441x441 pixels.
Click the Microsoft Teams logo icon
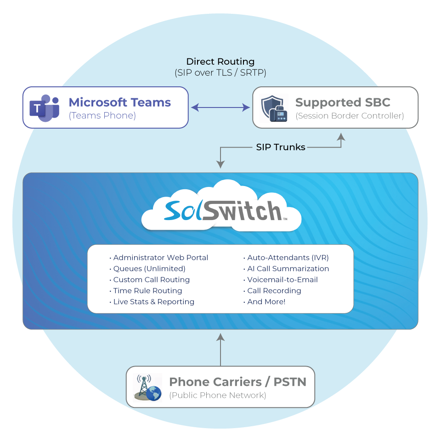[x=45, y=108]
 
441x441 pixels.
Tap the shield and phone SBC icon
[x=274, y=108]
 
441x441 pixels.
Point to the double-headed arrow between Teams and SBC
[x=220, y=107]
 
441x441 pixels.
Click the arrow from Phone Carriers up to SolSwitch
[x=220, y=350]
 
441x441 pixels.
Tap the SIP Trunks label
[x=281, y=147]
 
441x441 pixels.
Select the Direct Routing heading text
[x=220, y=62]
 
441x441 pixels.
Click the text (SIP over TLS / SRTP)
[x=220, y=73]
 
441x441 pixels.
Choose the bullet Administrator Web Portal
[x=160, y=258]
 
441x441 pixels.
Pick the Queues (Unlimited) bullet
[x=149, y=269]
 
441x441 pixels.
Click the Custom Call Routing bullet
[x=151, y=280]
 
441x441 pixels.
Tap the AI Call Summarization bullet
[x=288, y=269]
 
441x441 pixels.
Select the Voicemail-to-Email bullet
[x=283, y=280]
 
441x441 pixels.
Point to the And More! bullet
[x=266, y=302]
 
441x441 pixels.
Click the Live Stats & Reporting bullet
[x=153, y=302]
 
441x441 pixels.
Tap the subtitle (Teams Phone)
[x=102, y=116]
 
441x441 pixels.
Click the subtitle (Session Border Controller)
[x=350, y=116]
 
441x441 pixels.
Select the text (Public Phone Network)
[x=218, y=395]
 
